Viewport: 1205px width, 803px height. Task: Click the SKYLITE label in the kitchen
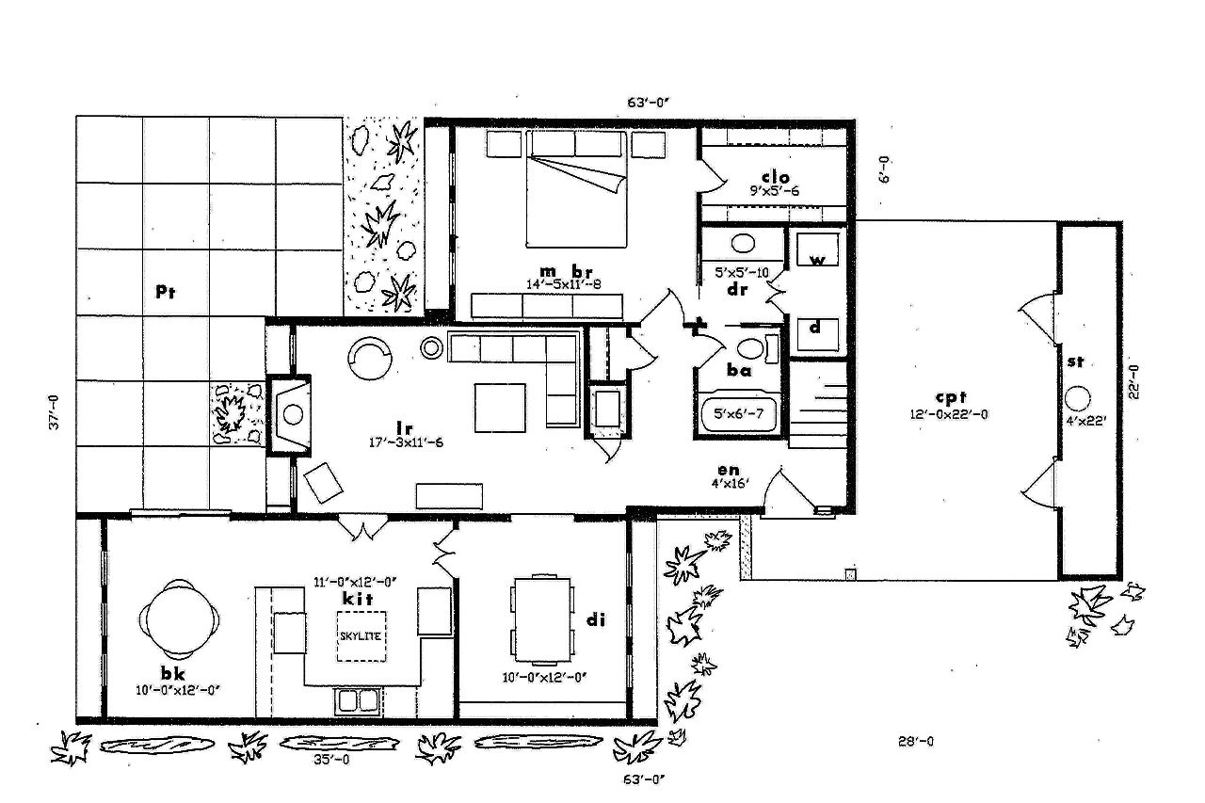coord(360,635)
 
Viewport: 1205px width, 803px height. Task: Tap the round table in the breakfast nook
coord(180,619)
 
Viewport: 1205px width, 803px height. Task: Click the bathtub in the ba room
coord(740,412)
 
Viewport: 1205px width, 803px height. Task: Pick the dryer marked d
coord(815,329)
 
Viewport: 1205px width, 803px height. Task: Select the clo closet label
coord(775,177)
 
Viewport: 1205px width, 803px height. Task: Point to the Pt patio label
coord(167,292)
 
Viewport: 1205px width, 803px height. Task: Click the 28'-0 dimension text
coord(915,741)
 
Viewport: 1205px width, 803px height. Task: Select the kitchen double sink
coord(358,700)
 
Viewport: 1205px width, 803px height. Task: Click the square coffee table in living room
coord(500,407)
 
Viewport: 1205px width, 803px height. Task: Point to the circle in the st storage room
coord(1078,396)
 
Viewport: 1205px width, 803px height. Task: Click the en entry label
coord(728,470)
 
